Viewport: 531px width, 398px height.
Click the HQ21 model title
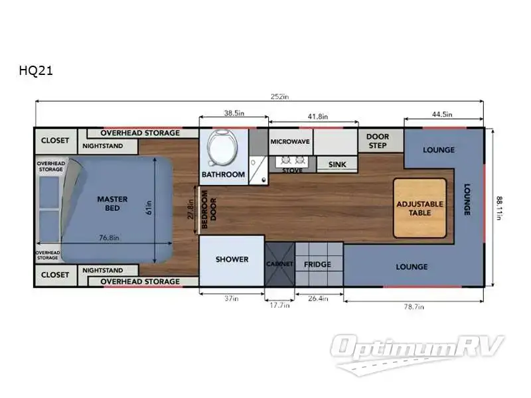tap(36, 70)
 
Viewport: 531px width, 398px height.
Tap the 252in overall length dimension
tap(279, 96)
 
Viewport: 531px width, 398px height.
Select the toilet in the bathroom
tap(222, 149)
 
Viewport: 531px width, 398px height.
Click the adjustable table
tap(420, 208)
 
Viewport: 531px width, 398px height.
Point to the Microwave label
tap(290, 142)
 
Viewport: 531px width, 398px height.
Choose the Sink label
tap(337, 165)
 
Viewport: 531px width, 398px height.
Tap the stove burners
tap(292, 160)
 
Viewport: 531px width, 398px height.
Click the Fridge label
tap(317, 264)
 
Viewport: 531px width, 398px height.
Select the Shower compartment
tap(232, 261)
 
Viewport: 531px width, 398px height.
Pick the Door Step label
tap(378, 141)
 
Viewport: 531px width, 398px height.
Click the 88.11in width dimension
tap(499, 208)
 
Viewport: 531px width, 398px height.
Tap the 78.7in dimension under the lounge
tap(414, 306)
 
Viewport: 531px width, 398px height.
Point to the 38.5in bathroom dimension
tap(234, 113)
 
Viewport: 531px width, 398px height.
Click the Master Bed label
tap(112, 204)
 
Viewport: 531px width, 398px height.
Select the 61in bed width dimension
tap(149, 208)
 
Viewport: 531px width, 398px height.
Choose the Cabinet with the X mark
tap(279, 264)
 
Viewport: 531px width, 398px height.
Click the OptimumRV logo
tap(417, 354)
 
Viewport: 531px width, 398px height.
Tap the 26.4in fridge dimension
tap(318, 298)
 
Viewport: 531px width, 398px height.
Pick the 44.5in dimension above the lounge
tap(442, 114)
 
